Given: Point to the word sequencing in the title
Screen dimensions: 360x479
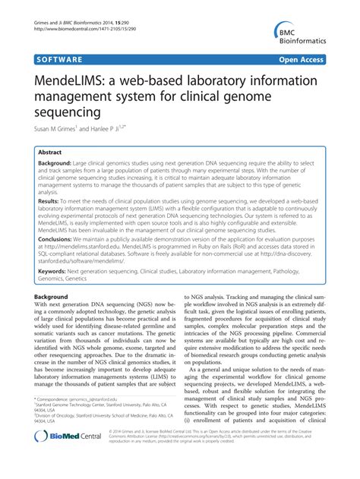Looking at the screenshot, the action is (68, 112).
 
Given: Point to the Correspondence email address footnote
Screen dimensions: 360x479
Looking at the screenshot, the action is (91, 420).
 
